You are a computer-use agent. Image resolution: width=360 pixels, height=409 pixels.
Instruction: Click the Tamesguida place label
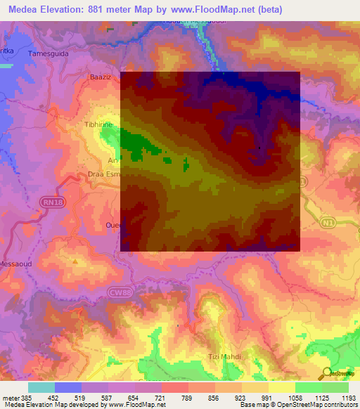tap(47, 53)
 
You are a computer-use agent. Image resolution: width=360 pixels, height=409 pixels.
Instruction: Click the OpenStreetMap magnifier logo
tap(326, 373)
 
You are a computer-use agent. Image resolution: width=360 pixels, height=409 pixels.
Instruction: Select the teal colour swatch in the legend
tap(41, 387)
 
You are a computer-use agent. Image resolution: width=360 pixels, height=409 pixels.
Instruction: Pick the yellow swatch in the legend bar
tap(282, 387)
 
